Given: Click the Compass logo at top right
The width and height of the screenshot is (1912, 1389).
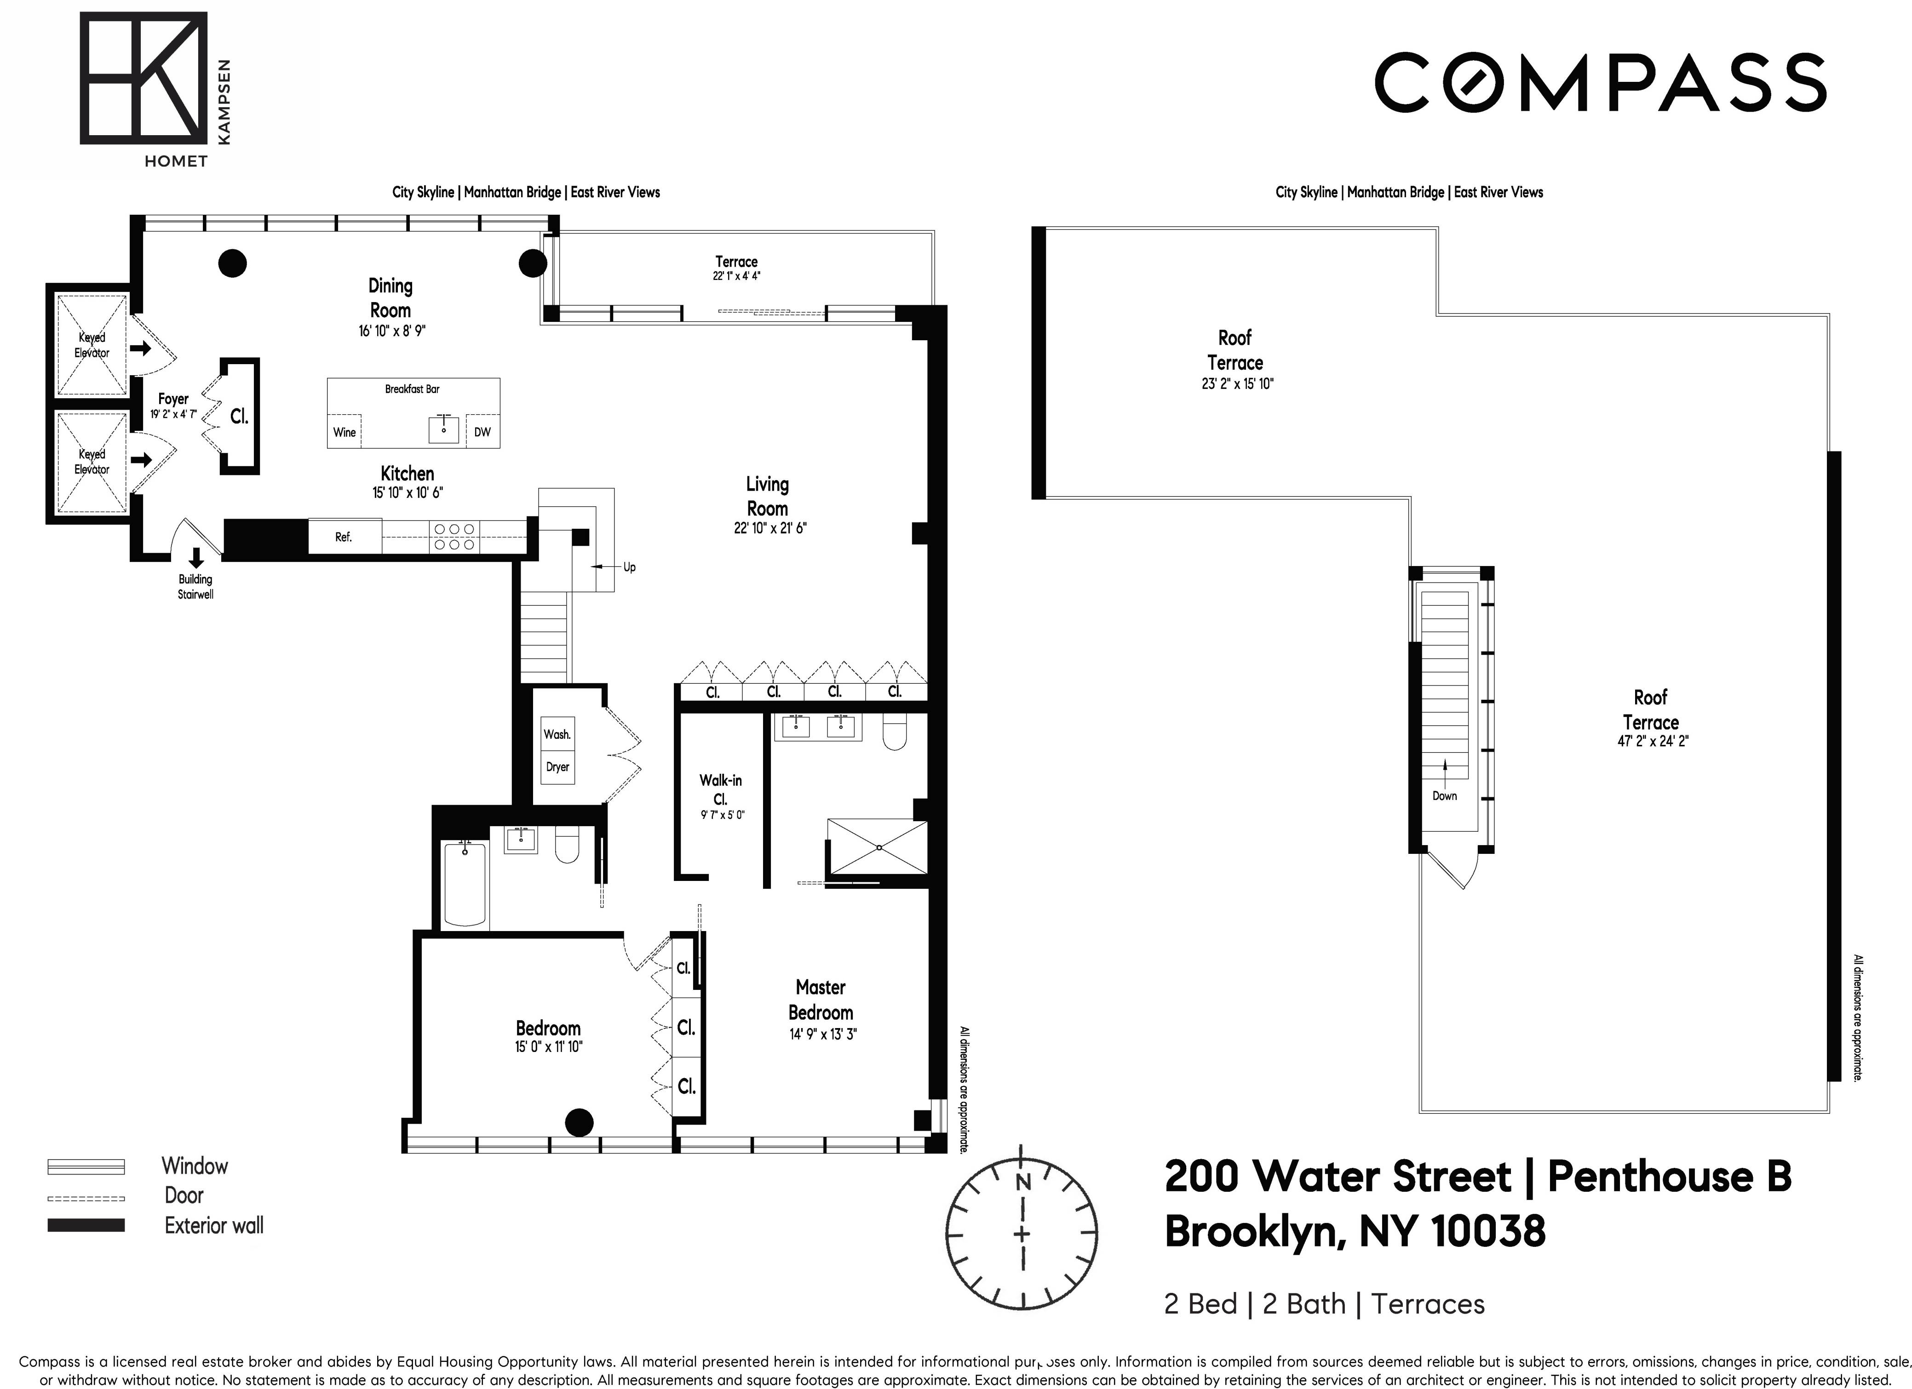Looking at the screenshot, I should pos(1600,83).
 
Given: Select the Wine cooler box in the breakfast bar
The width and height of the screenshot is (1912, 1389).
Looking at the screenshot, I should pos(344,432).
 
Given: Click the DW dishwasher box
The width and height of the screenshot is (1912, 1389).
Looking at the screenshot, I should pos(482,432).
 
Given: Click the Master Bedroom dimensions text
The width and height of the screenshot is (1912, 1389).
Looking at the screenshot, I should pos(822,1034).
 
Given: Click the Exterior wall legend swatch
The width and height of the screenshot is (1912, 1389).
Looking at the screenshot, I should pos(86,1225).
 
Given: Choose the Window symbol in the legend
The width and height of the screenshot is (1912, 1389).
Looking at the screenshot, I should pos(86,1166).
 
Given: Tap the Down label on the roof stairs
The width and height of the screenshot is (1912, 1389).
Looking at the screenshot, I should pos(1444,795).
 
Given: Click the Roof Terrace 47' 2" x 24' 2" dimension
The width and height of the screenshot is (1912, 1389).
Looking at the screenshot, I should pos(1652,742).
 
